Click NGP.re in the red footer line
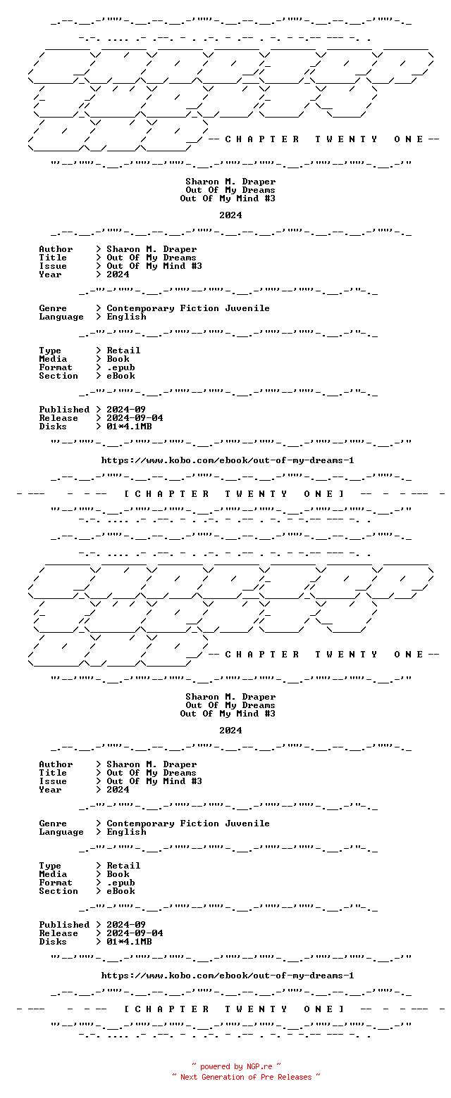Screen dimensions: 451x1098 click(259, 1066)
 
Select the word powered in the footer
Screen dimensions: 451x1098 click(215, 1066)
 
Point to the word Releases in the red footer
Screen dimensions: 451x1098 click(295, 1076)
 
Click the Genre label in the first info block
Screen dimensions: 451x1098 click(53, 308)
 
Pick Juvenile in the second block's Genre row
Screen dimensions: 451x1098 click(247, 824)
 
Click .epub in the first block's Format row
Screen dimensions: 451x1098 click(121, 367)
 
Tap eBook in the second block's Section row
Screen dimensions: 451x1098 click(121, 891)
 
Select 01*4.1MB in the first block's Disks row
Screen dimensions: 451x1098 click(129, 427)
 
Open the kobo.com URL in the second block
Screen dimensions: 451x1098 click(228, 976)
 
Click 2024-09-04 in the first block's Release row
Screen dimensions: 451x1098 click(135, 418)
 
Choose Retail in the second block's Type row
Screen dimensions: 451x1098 click(123, 866)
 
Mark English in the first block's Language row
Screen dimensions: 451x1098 click(127, 317)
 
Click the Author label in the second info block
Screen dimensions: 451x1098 click(56, 764)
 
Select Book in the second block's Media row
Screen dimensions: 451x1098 click(118, 874)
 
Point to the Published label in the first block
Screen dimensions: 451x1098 click(64, 410)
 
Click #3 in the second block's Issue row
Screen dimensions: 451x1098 click(197, 781)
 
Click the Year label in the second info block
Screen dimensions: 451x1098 click(51, 790)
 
